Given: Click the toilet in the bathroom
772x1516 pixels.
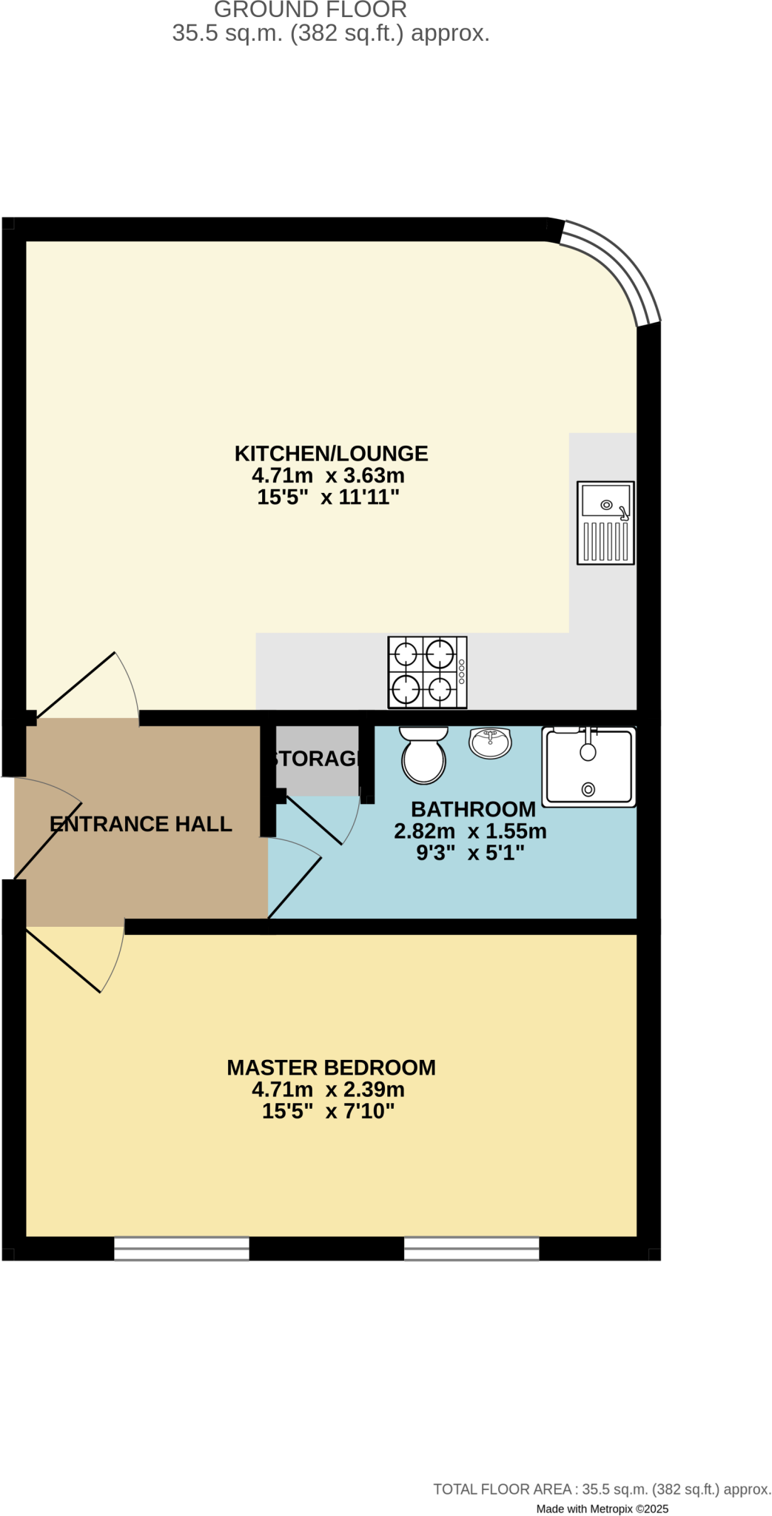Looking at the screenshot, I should click(423, 755).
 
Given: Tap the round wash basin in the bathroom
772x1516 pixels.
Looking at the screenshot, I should click(490, 742).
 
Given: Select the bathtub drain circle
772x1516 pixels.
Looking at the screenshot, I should click(588, 789).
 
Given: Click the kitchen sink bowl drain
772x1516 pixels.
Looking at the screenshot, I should click(606, 505).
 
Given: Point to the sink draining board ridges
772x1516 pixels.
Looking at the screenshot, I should click(605, 541).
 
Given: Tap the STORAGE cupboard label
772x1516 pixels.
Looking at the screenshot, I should click(317, 759).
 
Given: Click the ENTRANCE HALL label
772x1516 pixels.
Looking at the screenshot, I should click(141, 824).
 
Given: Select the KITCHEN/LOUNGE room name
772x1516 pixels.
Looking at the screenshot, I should click(331, 453).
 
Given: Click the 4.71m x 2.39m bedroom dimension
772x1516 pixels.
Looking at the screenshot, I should click(328, 1090).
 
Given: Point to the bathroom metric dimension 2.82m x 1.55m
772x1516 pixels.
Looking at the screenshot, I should click(470, 831).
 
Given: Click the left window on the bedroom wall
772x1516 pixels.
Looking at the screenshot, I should click(181, 1248).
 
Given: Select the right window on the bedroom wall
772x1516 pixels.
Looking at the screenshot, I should click(471, 1248).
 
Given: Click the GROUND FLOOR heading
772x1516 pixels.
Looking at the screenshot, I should click(310, 10).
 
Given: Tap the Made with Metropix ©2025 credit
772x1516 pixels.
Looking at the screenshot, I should click(602, 1509).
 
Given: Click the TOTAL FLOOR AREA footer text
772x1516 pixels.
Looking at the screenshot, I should click(602, 1489).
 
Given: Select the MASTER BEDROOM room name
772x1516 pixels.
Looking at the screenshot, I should click(331, 1067).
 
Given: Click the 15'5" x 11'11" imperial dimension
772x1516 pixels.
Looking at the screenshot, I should click(328, 497).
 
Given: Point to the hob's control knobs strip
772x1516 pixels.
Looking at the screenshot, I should click(462, 671).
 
